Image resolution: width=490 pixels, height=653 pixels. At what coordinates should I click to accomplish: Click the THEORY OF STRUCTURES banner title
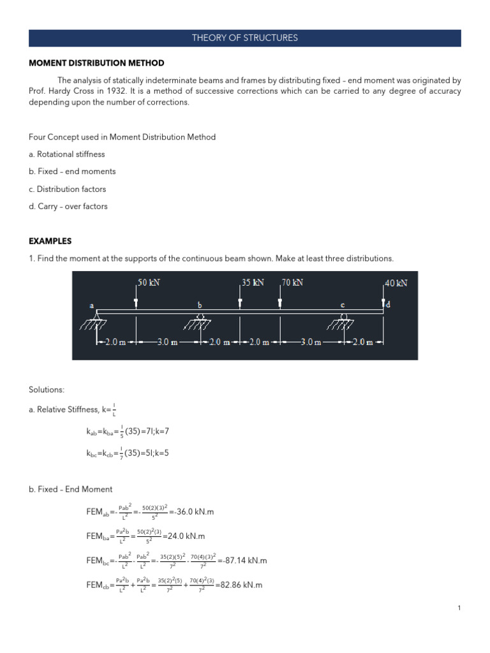click(245, 38)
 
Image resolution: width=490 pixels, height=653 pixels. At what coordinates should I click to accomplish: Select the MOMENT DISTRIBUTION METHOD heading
click(96, 63)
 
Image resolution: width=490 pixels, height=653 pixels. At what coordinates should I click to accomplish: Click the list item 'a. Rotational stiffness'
click(67, 154)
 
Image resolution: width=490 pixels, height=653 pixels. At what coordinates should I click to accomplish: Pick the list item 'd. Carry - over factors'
click(68, 206)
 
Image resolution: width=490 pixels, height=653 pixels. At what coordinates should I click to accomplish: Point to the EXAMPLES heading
click(50, 241)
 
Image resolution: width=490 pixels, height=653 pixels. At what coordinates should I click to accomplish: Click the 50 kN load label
click(149, 282)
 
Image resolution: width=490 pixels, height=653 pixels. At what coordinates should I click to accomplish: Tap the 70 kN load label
click(292, 282)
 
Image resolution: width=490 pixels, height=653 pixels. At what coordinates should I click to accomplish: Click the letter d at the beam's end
click(388, 305)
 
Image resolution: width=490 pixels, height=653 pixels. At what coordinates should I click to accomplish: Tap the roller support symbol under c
click(344, 318)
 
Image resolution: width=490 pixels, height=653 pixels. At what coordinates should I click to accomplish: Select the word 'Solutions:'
click(47, 389)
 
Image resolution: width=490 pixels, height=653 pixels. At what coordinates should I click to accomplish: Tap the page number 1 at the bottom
click(459, 608)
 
